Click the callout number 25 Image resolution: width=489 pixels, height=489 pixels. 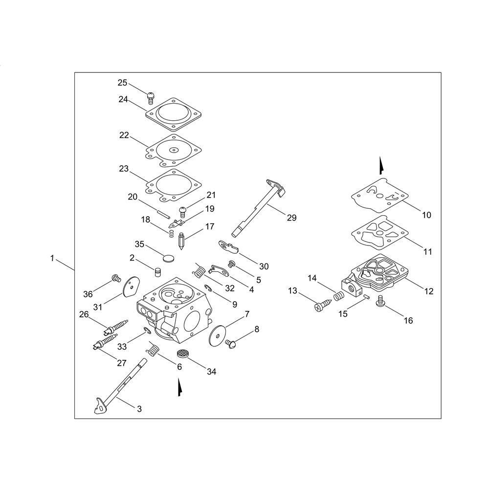click(x=122, y=83)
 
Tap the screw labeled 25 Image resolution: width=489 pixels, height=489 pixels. click(x=151, y=98)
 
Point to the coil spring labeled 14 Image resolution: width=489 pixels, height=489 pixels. click(x=339, y=296)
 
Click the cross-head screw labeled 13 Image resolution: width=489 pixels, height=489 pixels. click(x=322, y=305)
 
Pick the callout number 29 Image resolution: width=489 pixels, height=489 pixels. click(x=291, y=218)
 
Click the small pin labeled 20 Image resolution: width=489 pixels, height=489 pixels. click(x=164, y=215)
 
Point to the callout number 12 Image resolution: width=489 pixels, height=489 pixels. click(x=429, y=291)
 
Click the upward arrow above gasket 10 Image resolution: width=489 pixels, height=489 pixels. click(x=381, y=166)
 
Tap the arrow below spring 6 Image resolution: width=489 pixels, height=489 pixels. click(x=179, y=387)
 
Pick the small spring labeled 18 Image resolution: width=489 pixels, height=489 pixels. click(x=171, y=234)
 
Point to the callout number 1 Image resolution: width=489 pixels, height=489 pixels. click(x=52, y=258)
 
